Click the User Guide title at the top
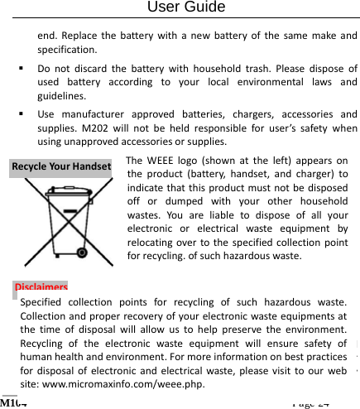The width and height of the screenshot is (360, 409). [x=185, y=7]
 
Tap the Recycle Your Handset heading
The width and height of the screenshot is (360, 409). [x=61, y=166]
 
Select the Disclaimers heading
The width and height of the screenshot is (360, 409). [x=41, y=288]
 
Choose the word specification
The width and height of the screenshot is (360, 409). [x=69, y=49]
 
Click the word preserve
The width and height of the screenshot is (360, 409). [x=233, y=330]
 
